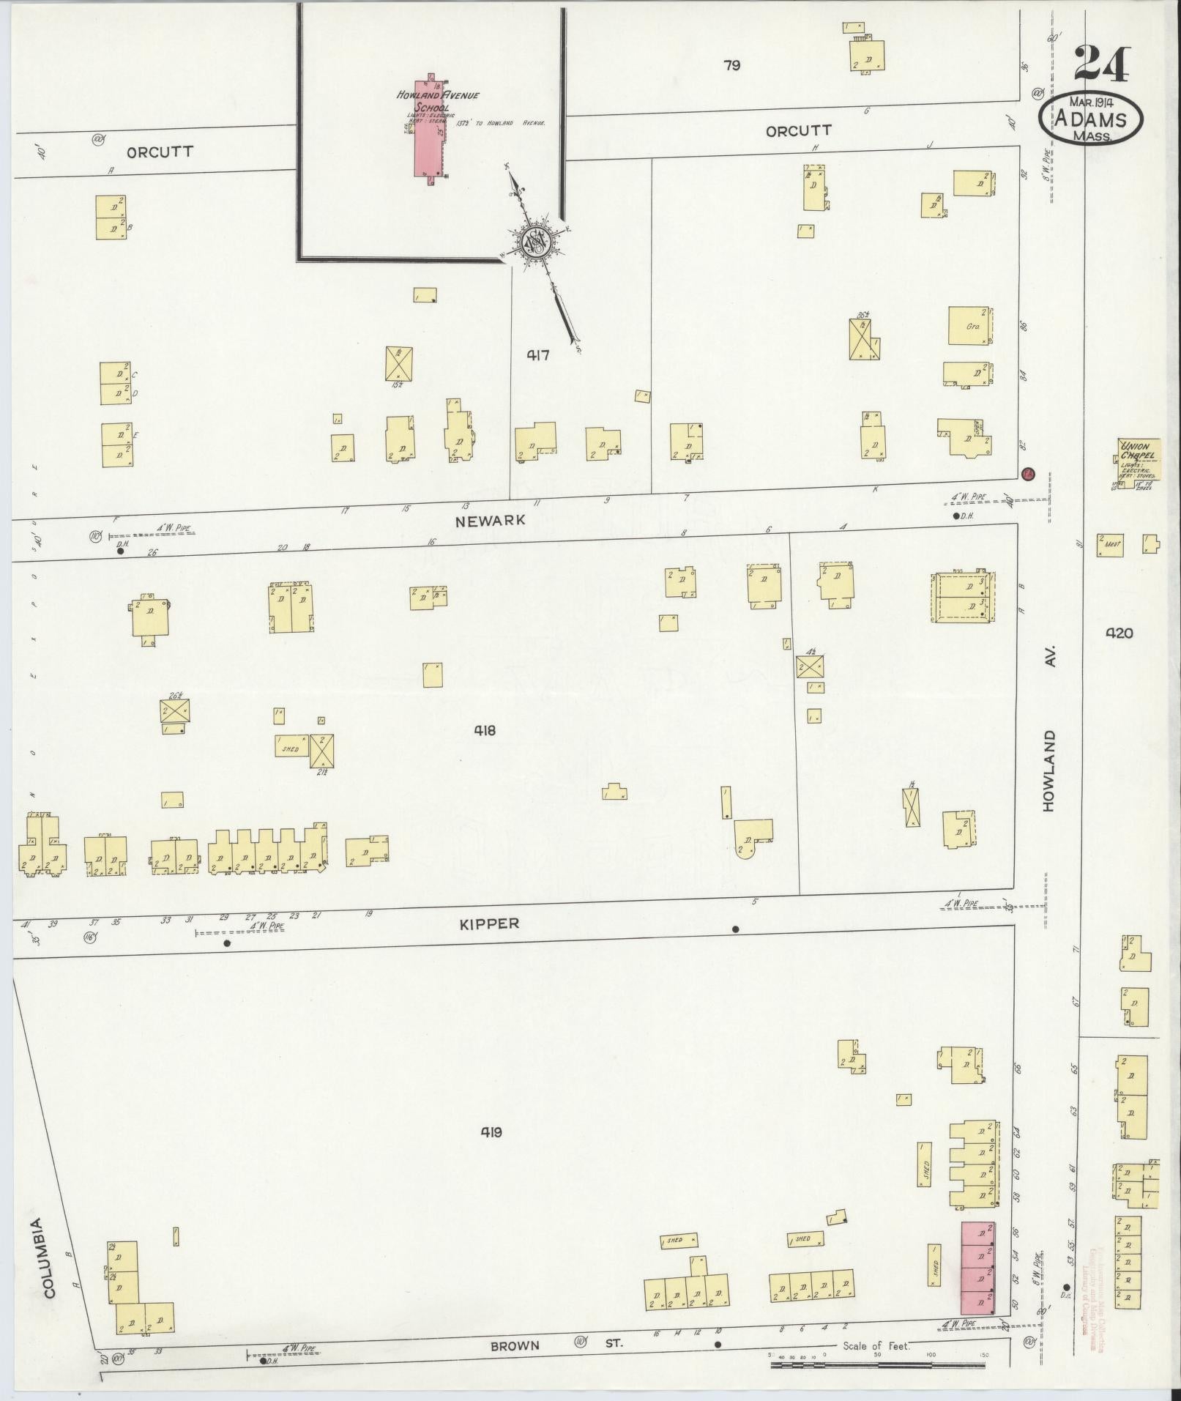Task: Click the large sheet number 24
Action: [1102, 64]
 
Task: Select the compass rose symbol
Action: [537, 242]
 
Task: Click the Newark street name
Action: [490, 520]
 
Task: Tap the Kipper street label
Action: [489, 924]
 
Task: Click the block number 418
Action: [484, 730]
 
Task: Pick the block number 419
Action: [491, 1132]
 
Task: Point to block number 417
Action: [537, 355]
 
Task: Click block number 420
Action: [1120, 633]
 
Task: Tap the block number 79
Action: [731, 66]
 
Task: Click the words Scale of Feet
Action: [876, 1346]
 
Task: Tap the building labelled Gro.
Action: [971, 326]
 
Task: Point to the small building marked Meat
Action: [1110, 545]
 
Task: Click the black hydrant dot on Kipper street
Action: [735, 929]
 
